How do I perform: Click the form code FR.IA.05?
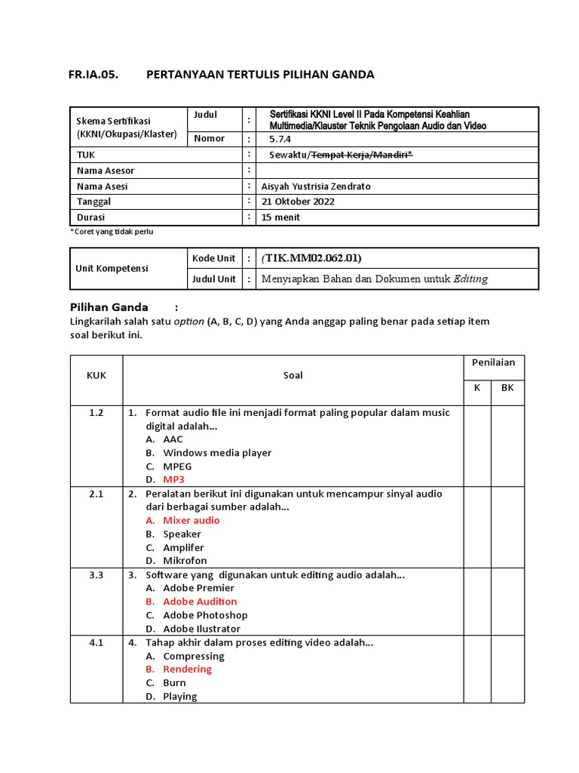click(x=93, y=74)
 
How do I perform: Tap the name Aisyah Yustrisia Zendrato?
click(x=316, y=186)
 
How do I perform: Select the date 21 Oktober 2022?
click(x=298, y=202)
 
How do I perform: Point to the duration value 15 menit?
click(x=280, y=217)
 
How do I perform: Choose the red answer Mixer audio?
click(x=191, y=520)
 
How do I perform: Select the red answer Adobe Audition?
click(x=200, y=602)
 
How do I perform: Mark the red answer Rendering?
click(x=187, y=669)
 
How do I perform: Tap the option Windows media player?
click(x=217, y=453)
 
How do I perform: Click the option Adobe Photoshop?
click(x=205, y=615)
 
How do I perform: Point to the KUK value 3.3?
click(x=96, y=574)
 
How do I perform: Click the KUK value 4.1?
click(x=96, y=642)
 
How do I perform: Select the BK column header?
click(x=507, y=387)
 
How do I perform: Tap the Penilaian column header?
click(x=493, y=362)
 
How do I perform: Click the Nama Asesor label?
click(x=106, y=171)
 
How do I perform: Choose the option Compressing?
click(x=193, y=656)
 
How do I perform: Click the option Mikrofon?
click(x=185, y=561)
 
